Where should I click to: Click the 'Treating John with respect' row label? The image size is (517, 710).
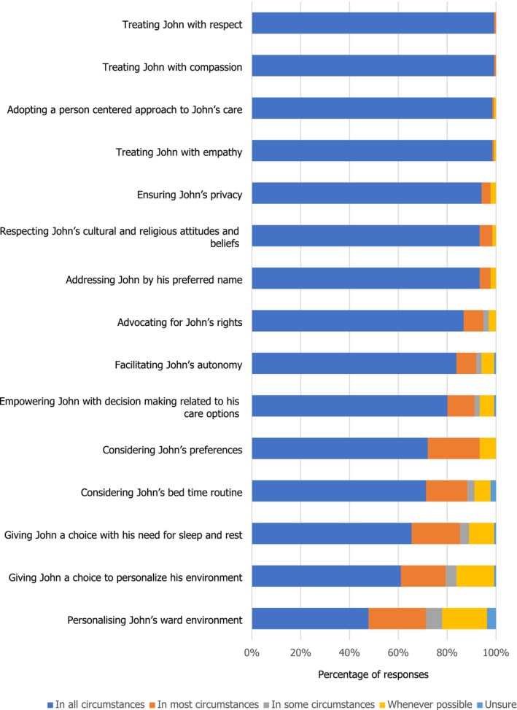point(182,25)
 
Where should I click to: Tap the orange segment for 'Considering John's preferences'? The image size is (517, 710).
point(454,448)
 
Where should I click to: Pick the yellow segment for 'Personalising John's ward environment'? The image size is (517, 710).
point(464,619)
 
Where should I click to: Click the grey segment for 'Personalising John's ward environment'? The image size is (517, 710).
point(434,619)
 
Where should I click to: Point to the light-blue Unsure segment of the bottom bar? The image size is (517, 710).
point(491,619)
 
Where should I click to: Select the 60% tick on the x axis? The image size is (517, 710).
point(398,652)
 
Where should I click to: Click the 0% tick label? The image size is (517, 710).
point(252,652)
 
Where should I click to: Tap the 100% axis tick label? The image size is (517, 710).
point(496,652)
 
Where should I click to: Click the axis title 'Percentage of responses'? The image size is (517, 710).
point(373,675)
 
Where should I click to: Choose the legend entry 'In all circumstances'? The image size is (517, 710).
point(96,705)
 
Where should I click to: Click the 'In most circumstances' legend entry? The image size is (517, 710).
point(205,705)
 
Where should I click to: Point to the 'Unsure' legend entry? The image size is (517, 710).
point(497,705)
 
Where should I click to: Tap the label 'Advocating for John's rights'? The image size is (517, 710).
point(180,322)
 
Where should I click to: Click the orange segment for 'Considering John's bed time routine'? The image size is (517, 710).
point(446,491)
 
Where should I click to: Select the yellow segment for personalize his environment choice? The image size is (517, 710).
point(475,576)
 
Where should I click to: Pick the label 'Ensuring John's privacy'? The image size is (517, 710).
point(190,195)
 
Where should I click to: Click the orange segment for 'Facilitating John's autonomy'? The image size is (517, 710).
point(466,363)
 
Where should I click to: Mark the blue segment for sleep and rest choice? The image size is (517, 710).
point(332,534)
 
